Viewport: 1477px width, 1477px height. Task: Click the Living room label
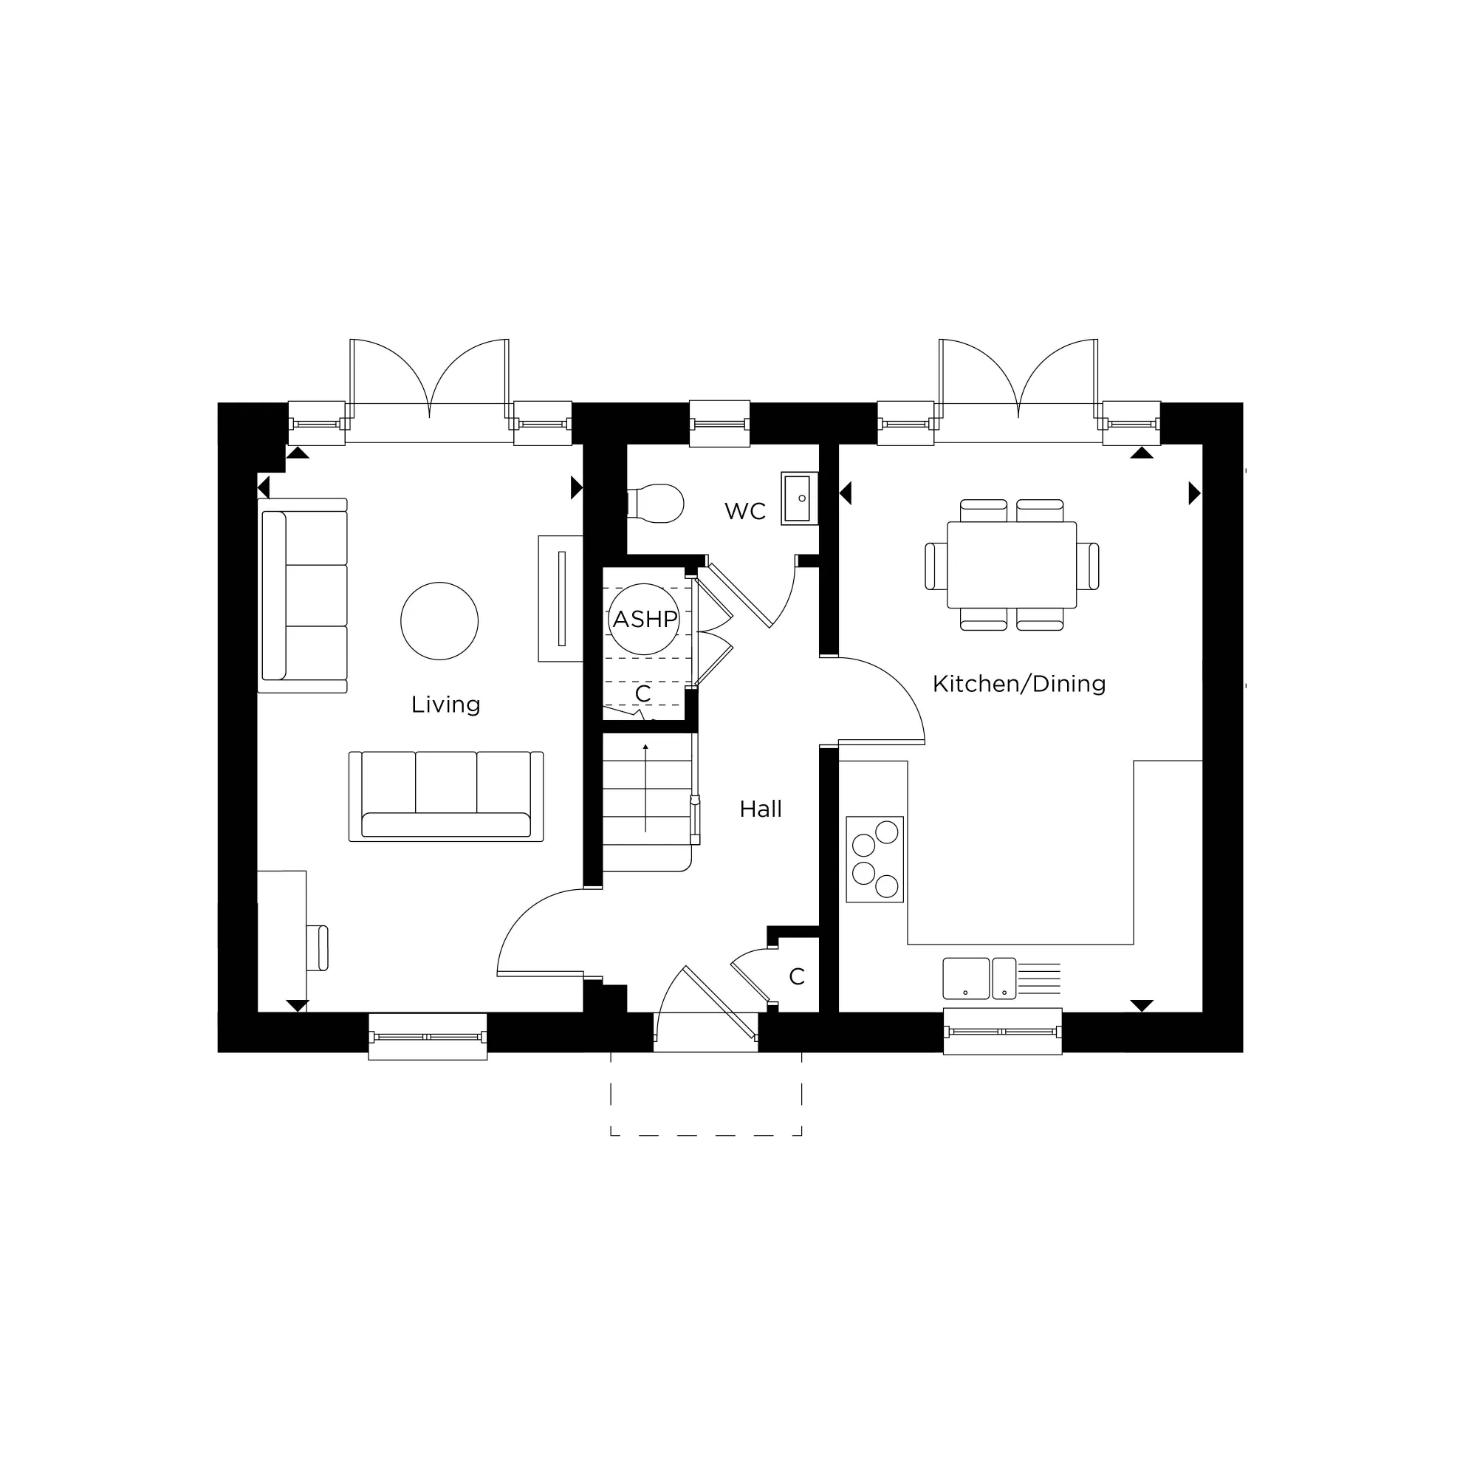[x=446, y=704]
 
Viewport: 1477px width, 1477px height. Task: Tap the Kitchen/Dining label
[x=1018, y=683]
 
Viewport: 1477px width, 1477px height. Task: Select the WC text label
[x=744, y=511]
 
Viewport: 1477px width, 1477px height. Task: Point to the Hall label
[x=760, y=809]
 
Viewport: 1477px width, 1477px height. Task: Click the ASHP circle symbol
[x=644, y=620]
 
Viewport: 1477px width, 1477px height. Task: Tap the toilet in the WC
[x=657, y=503]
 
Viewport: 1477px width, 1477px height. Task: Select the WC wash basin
[x=799, y=498]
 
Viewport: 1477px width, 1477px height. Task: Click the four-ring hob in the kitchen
[x=874, y=859]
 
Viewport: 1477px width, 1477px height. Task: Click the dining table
[x=1012, y=565]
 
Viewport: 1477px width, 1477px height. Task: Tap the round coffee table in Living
[x=439, y=621]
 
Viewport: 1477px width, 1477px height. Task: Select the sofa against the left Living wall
[x=303, y=595]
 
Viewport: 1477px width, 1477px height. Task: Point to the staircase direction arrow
[x=646, y=787]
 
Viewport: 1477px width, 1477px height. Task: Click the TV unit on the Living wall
[x=561, y=599]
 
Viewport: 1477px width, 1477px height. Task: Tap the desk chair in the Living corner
[x=318, y=948]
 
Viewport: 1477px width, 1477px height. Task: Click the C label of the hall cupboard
[x=797, y=976]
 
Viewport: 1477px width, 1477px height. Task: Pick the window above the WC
[x=719, y=423]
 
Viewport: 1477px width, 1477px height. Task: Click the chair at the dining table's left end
[x=935, y=566]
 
